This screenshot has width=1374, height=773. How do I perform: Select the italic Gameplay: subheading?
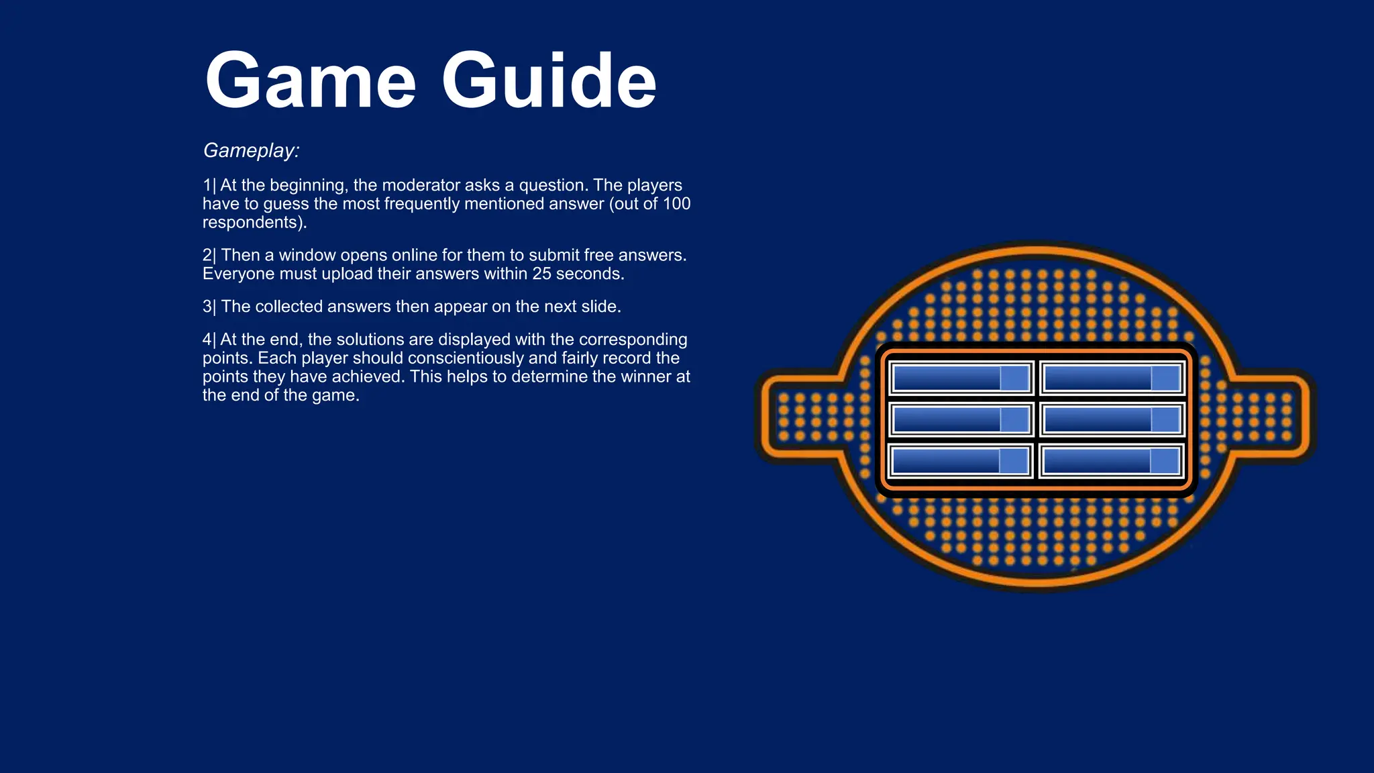[251, 150]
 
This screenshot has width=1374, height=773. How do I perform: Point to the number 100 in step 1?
[676, 204]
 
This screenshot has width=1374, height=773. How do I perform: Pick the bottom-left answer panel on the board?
[960, 461]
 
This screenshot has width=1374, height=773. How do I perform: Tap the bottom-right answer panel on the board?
[1111, 461]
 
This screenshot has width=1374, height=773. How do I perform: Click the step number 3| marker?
[209, 307]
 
